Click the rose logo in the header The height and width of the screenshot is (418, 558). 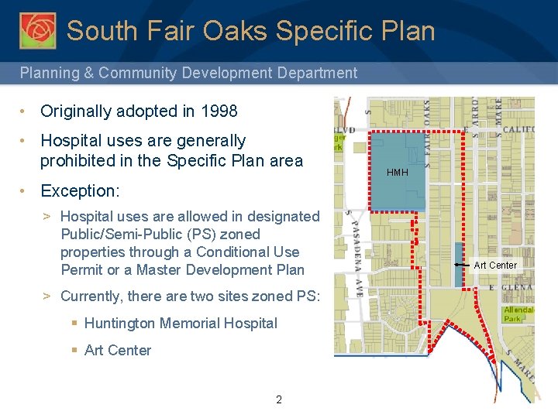[x=37, y=30]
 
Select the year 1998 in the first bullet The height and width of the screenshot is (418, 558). [x=218, y=111]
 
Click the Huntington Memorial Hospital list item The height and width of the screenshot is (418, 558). [x=180, y=324]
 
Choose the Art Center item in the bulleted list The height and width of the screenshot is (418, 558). [x=117, y=351]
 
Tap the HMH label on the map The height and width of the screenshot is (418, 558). [x=397, y=172]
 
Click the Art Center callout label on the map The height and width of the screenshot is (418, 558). [x=494, y=266]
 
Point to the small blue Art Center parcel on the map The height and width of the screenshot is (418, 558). [x=459, y=263]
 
